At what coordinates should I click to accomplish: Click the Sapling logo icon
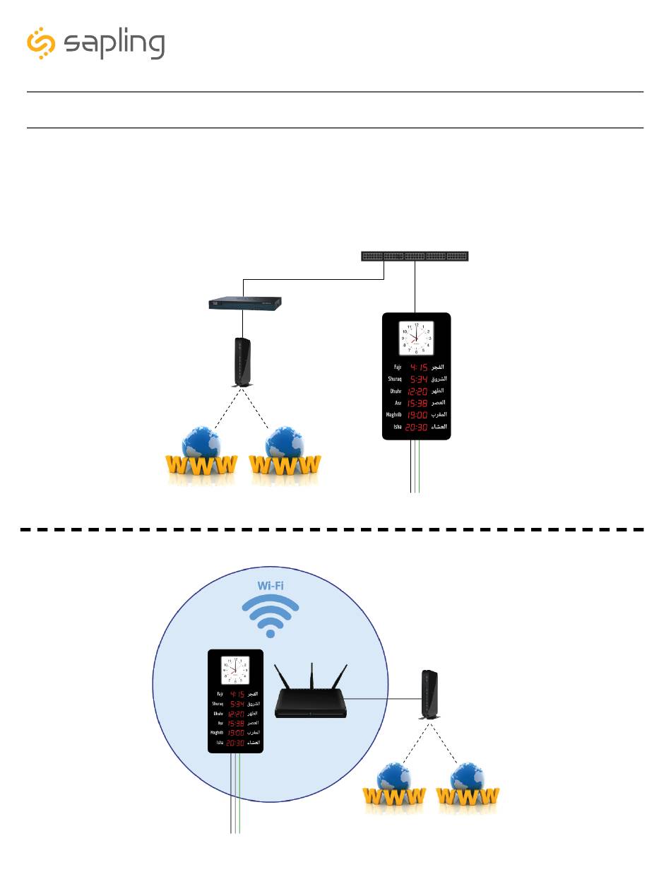(x=41, y=44)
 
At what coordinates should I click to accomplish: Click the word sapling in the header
(x=114, y=45)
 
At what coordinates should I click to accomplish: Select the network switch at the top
(x=415, y=256)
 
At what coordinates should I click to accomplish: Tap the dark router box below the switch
(x=245, y=303)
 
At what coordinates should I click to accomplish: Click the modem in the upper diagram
(x=243, y=362)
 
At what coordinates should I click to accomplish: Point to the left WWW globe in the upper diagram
(x=201, y=455)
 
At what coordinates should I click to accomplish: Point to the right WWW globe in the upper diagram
(x=285, y=455)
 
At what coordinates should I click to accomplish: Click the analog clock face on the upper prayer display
(x=416, y=339)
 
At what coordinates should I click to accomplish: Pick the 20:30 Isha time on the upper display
(x=417, y=427)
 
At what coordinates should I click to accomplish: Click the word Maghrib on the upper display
(x=393, y=415)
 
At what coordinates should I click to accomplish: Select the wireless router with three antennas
(x=311, y=693)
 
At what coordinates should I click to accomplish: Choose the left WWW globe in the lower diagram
(x=394, y=788)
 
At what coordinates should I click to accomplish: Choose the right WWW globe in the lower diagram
(x=467, y=788)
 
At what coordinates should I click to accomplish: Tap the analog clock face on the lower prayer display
(x=235, y=670)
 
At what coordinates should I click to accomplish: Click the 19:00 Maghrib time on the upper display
(x=417, y=415)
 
